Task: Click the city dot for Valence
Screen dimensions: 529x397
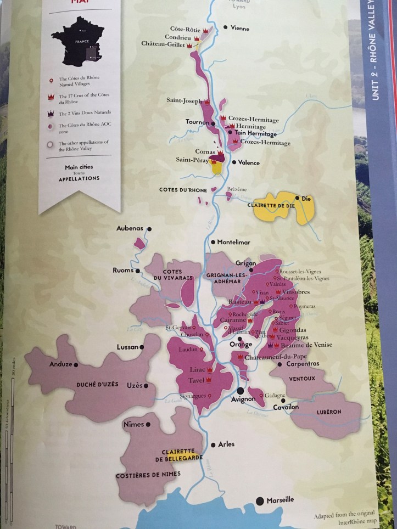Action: [234, 162]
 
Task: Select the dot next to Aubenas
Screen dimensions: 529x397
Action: [148, 228]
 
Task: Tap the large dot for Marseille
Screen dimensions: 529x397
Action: [260, 500]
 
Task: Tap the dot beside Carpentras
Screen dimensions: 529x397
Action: [279, 364]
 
